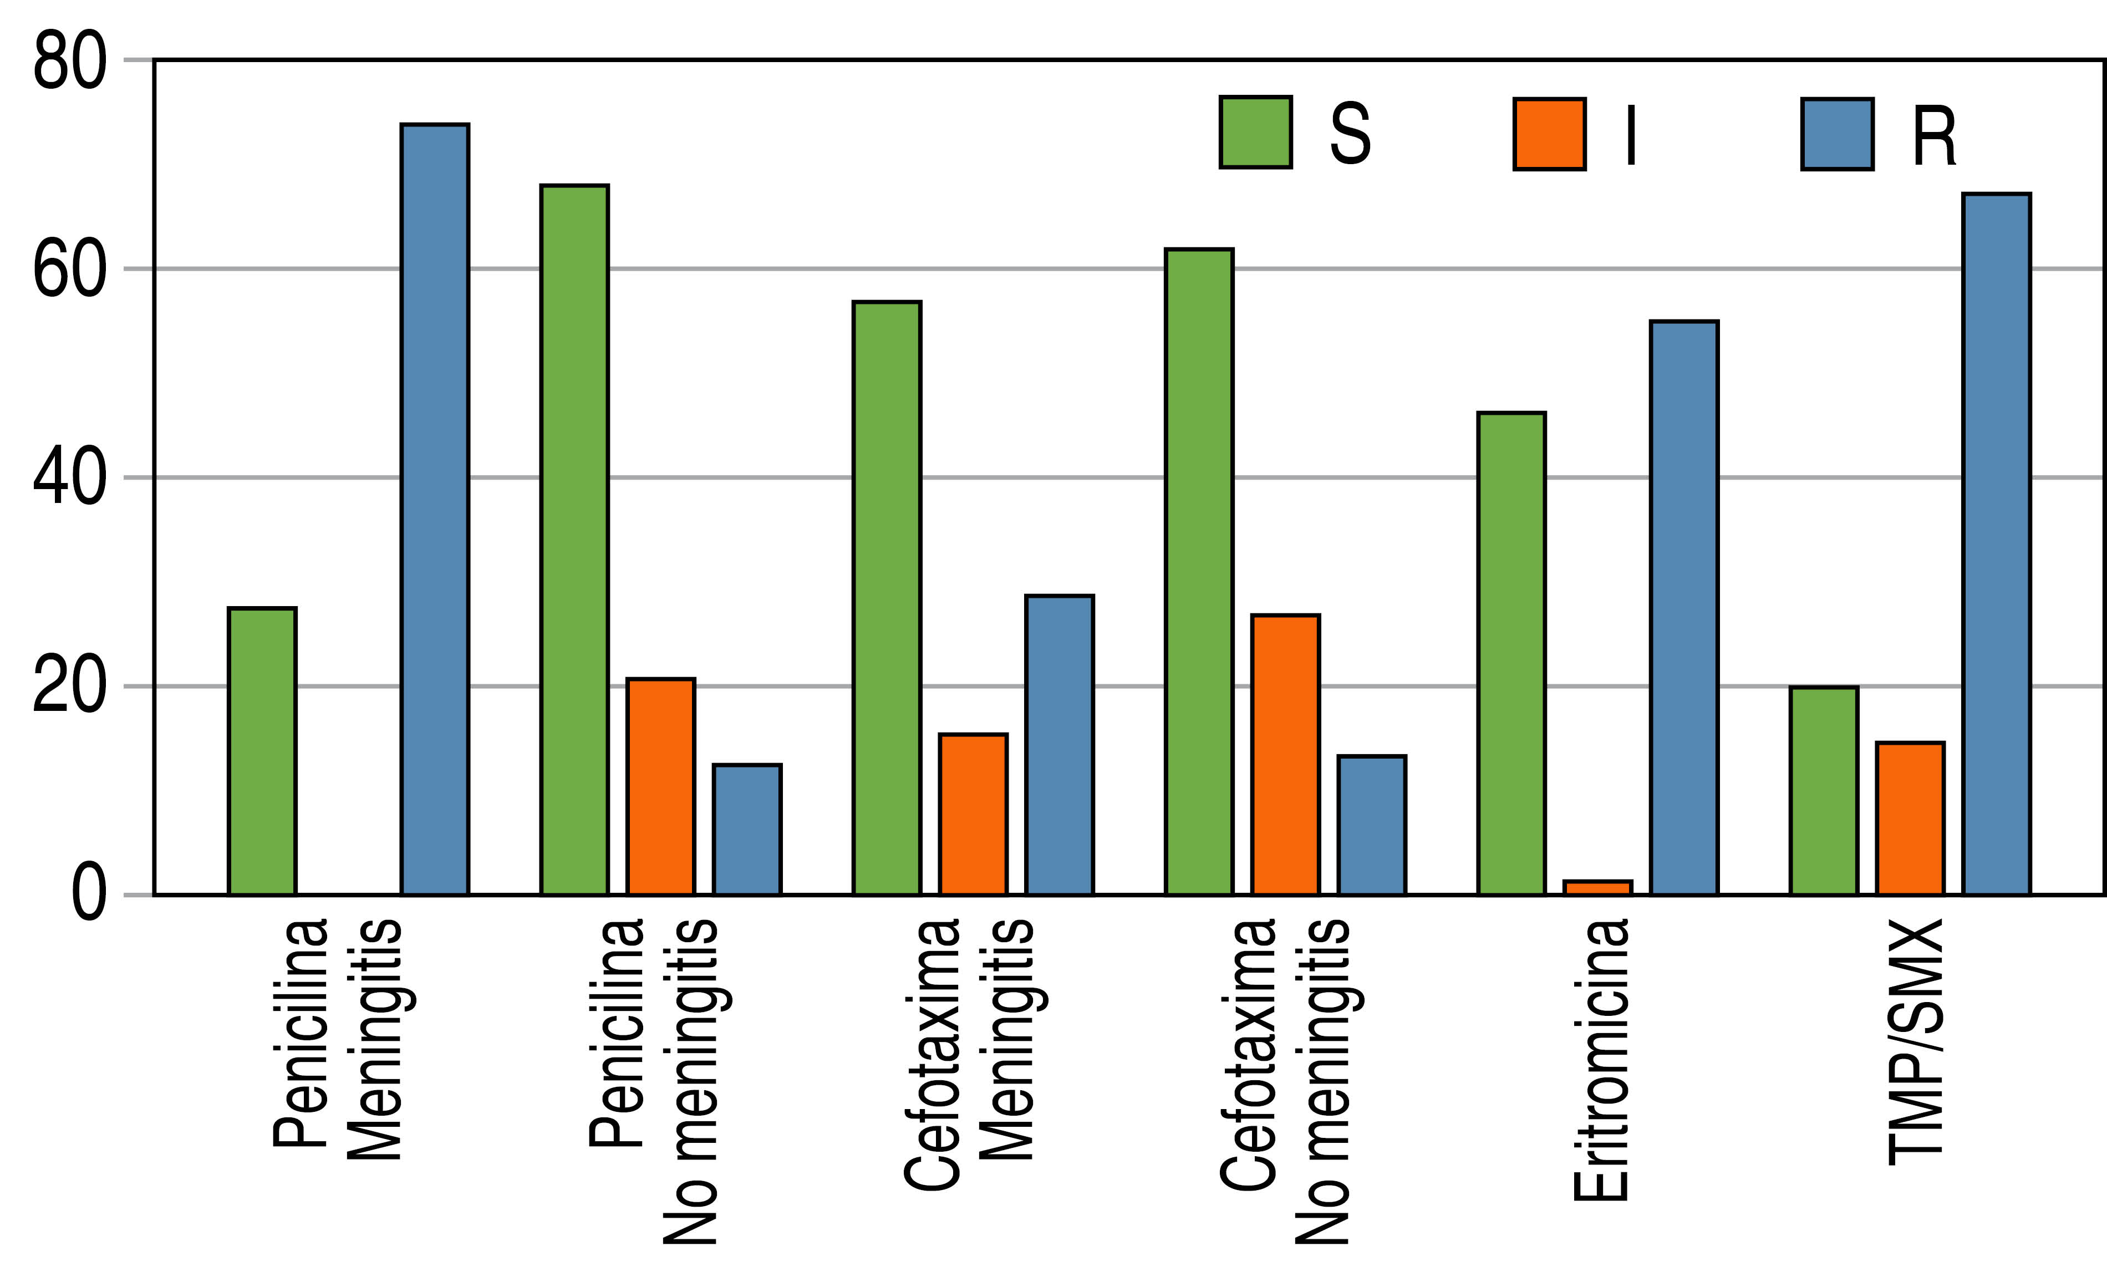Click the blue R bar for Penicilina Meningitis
(435, 510)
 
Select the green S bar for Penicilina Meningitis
(262, 751)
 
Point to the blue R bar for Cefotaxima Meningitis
(1060, 745)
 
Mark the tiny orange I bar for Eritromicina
(1597, 888)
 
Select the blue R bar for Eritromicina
(1684, 608)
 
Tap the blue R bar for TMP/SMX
(1997, 544)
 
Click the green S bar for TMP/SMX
(1824, 790)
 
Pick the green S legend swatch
(1256, 133)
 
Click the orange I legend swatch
(1550, 134)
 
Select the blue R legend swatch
(1838, 134)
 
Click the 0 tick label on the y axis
(88, 895)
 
